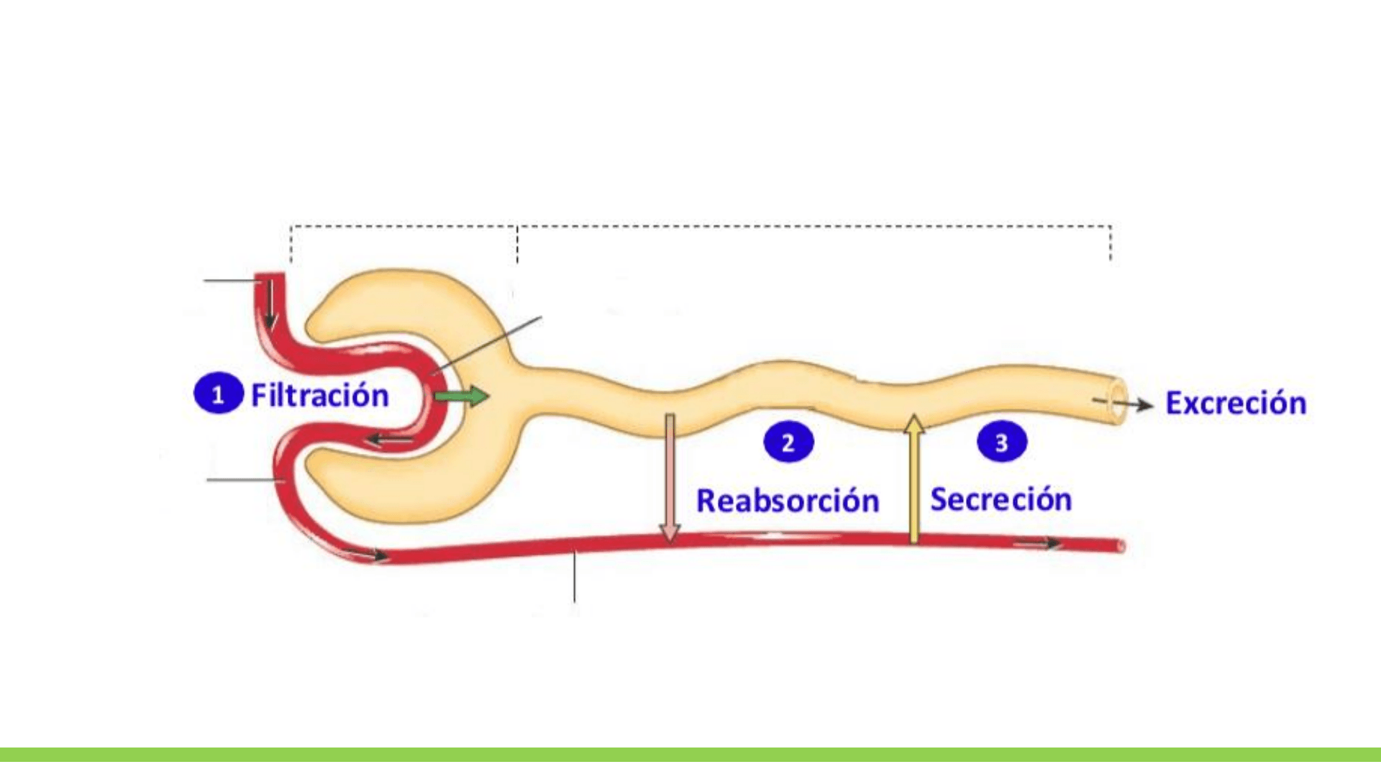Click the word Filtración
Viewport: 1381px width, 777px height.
[x=319, y=396]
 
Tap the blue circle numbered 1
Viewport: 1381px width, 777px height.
[x=218, y=394]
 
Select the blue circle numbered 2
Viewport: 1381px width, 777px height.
[x=788, y=442]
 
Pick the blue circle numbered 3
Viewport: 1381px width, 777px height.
[x=1001, y=442]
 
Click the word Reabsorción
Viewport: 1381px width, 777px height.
[x=788, y=501]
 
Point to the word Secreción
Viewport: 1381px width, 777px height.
[x=1001, y=499]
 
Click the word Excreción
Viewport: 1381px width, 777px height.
[x=1236, y=403]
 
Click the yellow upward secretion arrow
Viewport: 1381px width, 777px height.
[x=913, y=478]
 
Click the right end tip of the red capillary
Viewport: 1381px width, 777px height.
[x=1121, y=547]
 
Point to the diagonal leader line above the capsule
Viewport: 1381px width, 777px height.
[x=489, y=344]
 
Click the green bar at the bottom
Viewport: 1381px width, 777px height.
[x=690, y=755]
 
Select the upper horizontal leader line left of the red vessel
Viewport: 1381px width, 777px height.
[x=230, y=281]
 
